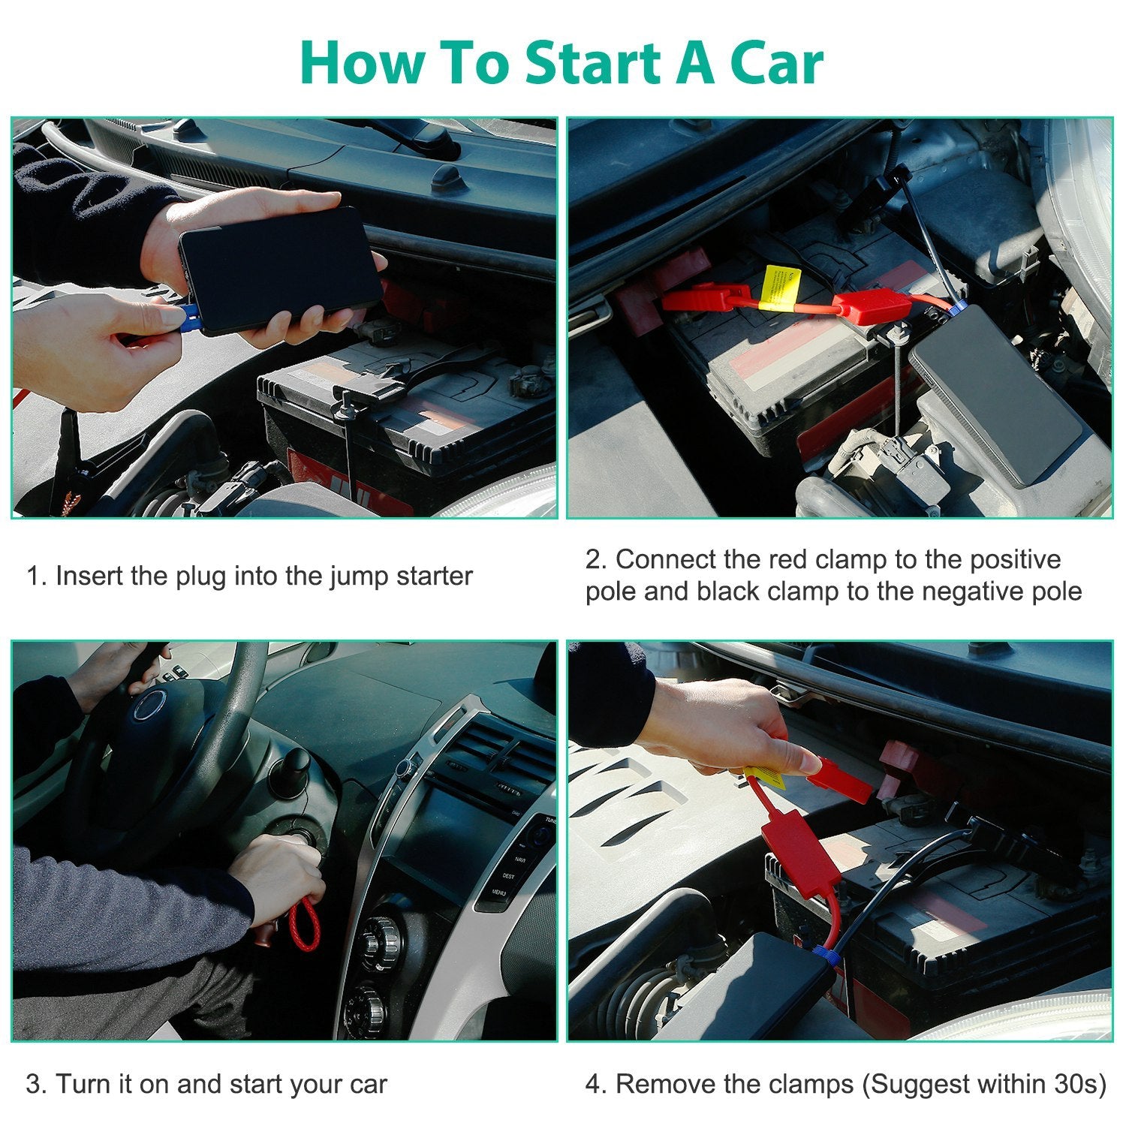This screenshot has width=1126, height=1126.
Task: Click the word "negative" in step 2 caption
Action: (x=975, y=592)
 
